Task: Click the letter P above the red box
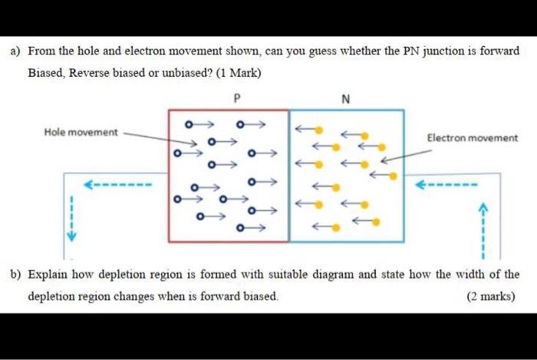tap(236, 99)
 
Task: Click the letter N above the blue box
tap(345, 99)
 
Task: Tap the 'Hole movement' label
tap(81, 132)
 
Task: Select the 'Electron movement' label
tap(472, 138)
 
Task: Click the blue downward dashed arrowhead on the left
tap(71, 236)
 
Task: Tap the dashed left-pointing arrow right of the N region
tap(446, 185)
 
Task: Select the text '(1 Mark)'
tap(239, 73)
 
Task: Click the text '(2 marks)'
tap(491, 296)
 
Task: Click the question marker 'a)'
tap(15, 51)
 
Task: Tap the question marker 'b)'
tap(15, 274)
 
